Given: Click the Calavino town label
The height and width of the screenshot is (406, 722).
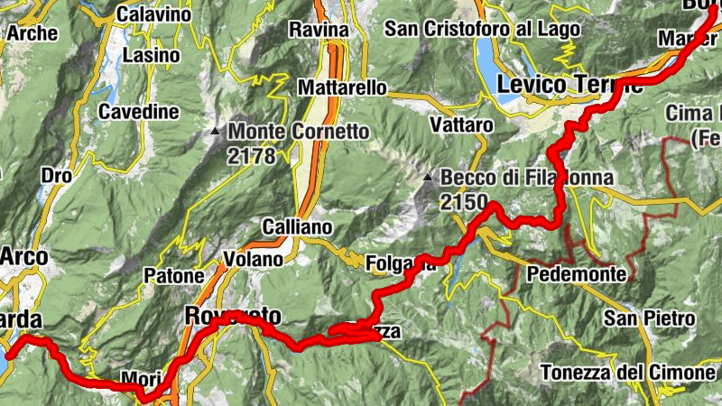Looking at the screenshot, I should coord(154,14).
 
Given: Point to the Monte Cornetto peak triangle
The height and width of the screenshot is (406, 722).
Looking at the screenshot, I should coord(215,132).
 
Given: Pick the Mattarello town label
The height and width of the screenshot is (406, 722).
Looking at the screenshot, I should coord(343,88).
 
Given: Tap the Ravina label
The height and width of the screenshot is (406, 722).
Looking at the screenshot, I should coord(319,30).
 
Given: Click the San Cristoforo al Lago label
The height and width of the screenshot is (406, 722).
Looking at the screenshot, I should coord(482,29).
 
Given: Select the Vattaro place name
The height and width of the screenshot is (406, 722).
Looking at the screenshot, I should coord(462,124).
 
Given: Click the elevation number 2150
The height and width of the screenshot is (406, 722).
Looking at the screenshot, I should coord(464,202).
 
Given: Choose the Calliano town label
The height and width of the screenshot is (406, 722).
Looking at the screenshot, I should coord(297,226).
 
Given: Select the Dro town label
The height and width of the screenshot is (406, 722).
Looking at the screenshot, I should coord(57,175).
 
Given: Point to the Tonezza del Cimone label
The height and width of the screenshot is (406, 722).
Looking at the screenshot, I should coord(628,372).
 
